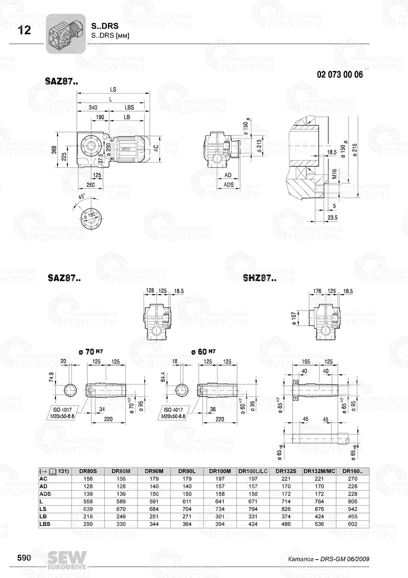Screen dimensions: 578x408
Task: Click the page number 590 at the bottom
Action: (24, 558)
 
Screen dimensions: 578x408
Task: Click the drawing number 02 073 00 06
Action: (339, 75)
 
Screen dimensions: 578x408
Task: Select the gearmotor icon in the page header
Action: (65, 33)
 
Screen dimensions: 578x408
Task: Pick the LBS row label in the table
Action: (44, 524)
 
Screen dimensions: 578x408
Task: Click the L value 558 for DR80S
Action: (88, 502)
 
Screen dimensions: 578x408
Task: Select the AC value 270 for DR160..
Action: (353, 479)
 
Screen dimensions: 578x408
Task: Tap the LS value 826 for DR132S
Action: (286, 509)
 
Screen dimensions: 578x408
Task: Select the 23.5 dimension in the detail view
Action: (333, 218)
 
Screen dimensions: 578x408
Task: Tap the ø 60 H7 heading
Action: (203, 352)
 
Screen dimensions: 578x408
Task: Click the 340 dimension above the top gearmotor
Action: (93, 107)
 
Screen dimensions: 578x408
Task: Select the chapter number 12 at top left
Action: (24, 30)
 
